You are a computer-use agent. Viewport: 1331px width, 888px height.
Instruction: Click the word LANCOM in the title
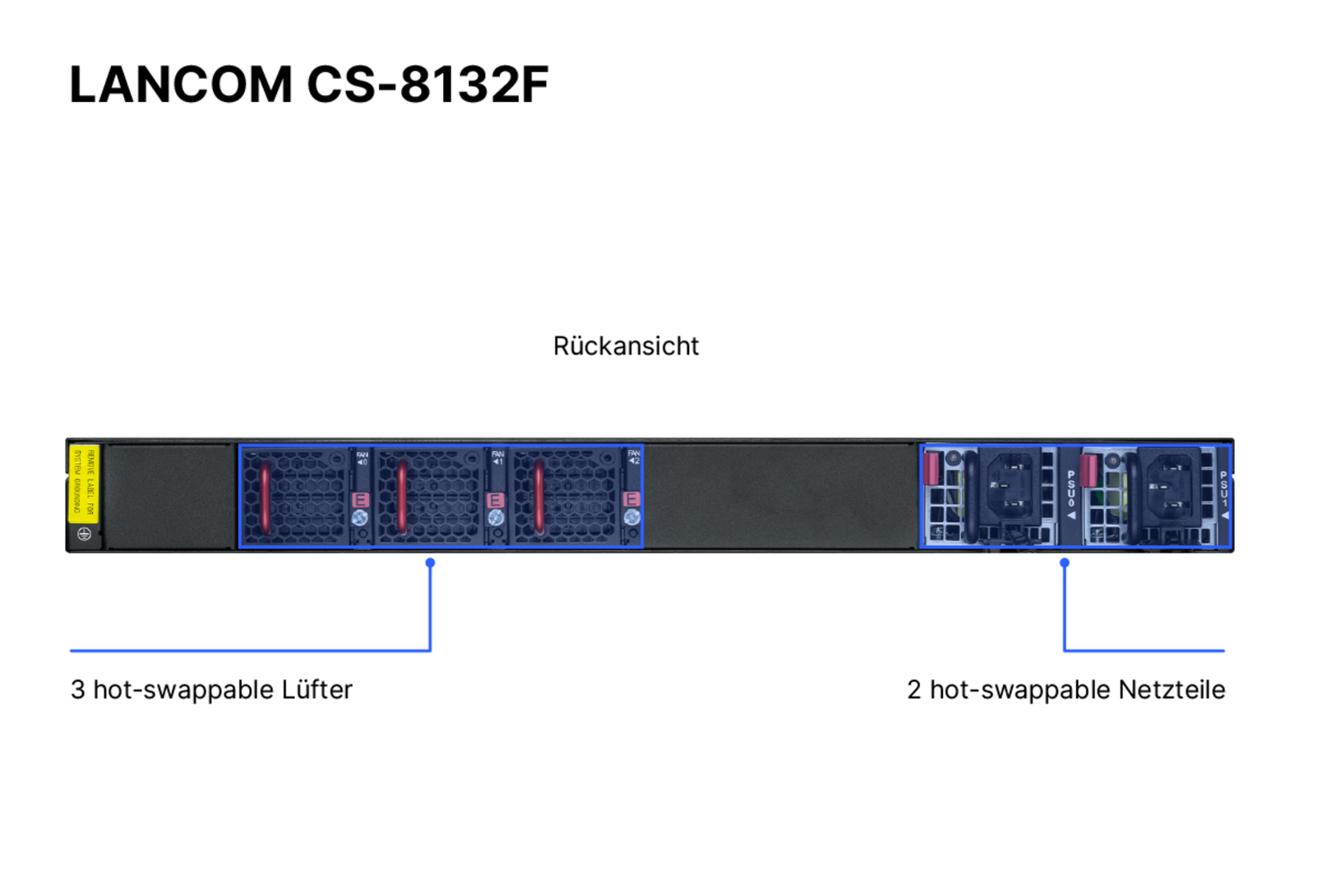click(181, 84)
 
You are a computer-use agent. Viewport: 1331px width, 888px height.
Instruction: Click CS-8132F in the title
click(427, 84)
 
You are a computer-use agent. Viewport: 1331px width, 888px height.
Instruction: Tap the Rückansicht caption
click(626, 346)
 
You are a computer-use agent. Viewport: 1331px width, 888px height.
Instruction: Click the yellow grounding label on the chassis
click(84, 483)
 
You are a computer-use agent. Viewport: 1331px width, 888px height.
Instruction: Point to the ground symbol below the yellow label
click(84, 534)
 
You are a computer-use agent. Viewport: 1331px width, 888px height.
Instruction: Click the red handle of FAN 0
click(266, 497)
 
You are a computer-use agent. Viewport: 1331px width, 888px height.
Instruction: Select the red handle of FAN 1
click(402, 497)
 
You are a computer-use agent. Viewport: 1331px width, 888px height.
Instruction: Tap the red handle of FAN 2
click(538, 497)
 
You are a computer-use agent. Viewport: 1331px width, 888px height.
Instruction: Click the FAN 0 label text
click(362, 458)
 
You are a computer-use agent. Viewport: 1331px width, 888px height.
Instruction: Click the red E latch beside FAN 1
click(495, 500)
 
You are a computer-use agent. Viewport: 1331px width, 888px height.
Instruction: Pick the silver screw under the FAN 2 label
click(631, 517)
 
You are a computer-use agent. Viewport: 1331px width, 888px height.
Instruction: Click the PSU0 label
click(1070, 490)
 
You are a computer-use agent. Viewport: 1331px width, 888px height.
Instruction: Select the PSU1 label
click(1223, 490)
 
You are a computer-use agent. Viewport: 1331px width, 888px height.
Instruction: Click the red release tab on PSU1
click(1088, 470)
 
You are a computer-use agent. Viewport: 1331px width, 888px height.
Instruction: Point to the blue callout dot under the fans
click(430, 562)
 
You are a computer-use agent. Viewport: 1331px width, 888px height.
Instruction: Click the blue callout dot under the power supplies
click(1065, 562)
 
